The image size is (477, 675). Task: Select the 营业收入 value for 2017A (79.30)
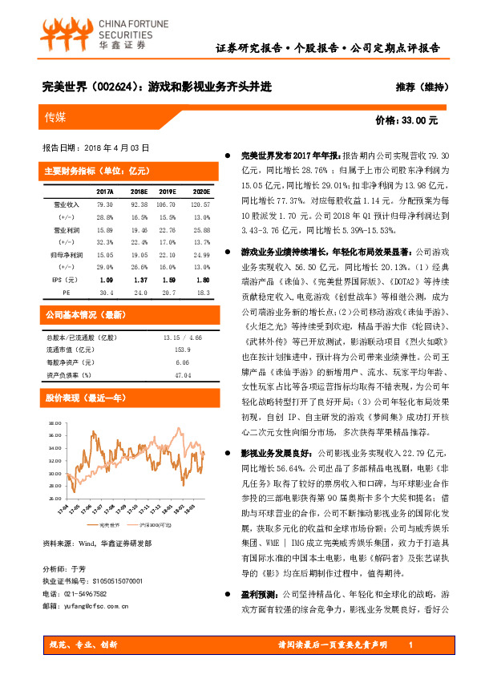point(104,204)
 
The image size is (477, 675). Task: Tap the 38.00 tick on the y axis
point(54,422)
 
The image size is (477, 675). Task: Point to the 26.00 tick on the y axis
point(54,495)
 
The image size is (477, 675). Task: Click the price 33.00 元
point(406,120)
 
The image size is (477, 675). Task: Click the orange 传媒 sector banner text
point(56,118)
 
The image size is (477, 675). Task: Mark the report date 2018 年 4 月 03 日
point(95,148)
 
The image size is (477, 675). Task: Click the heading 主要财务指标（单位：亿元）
point(91,170)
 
